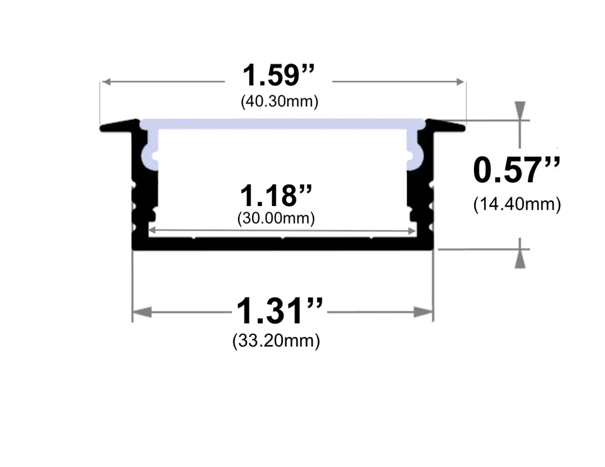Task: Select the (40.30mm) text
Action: [280, 102]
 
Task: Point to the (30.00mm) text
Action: [276, 218]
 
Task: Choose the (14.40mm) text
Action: [516, 204]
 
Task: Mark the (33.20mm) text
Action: [276, 340]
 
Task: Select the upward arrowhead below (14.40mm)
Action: [520, 260]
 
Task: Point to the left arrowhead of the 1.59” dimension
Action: [106, 82]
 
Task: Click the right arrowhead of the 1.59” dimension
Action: [460, 82]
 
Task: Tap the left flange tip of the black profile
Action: [104, 128]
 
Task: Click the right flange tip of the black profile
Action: [462, 128]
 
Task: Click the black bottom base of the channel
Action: [282, 244]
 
